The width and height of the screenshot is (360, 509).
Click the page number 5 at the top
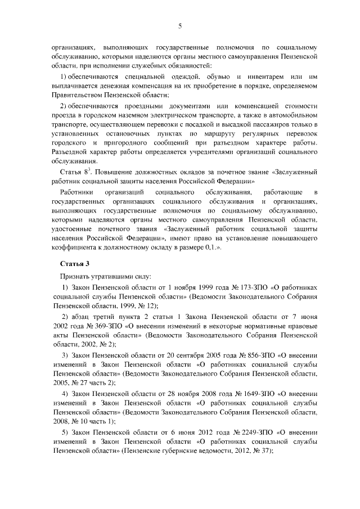pyautogui.click(x=180, y=25)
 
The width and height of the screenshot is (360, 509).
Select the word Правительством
pyautogui.click(x=77, y=96)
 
